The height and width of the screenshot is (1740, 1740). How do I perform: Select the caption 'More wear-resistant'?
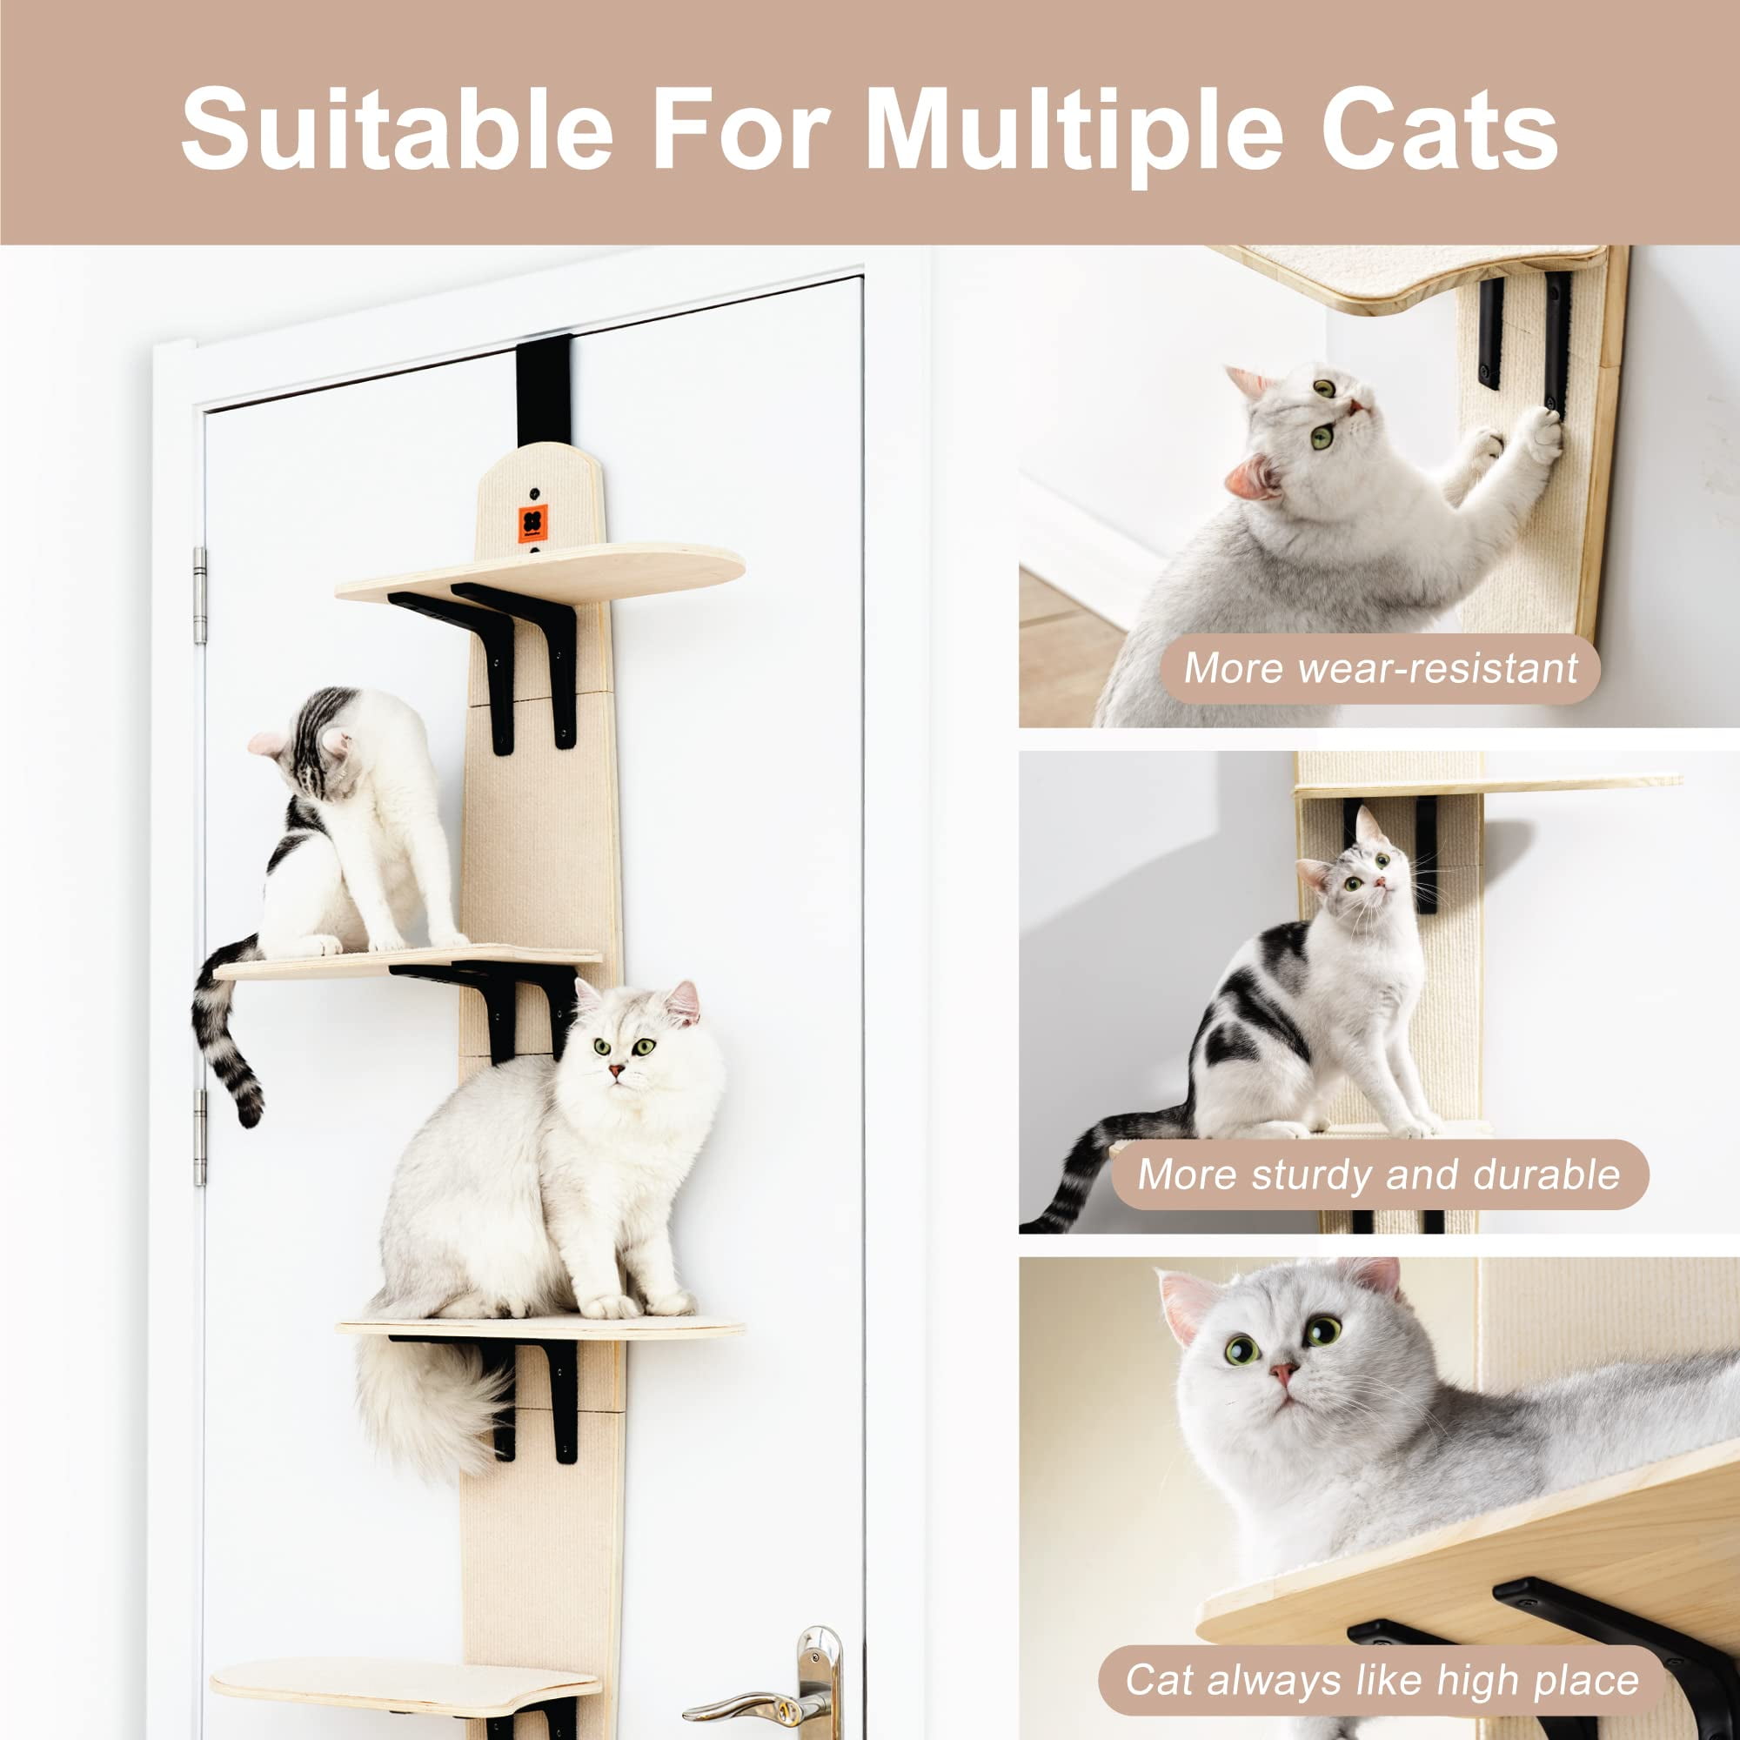(1380, 668)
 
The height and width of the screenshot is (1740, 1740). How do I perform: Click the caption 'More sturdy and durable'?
(1379, 1174)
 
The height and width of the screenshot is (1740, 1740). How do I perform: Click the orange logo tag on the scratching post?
(533, 523)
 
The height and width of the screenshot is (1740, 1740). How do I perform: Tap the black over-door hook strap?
(544, 387)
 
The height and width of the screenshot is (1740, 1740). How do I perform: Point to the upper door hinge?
(200, 596)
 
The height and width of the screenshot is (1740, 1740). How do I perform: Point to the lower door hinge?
(200, 1137)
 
